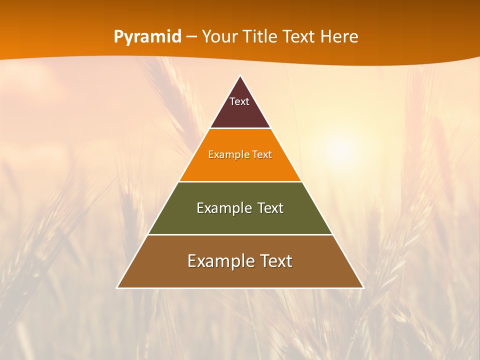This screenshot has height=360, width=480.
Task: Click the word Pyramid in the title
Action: point(147,37)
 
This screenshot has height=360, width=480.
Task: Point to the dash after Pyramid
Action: point(191,37)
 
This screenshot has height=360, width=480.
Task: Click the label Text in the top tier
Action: point(239,101)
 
